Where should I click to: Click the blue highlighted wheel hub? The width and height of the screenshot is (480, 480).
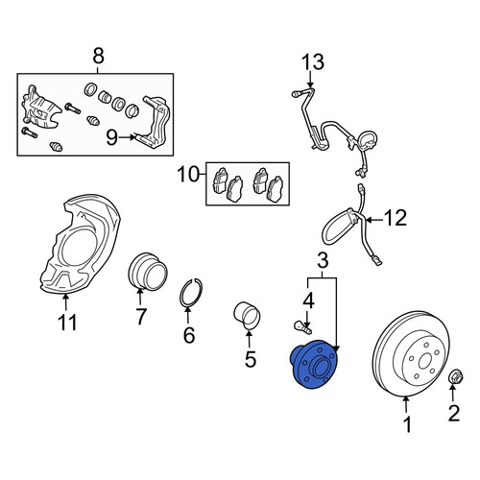314,365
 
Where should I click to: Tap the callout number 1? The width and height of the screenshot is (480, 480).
407,424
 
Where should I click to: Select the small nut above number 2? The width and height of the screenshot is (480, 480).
456,378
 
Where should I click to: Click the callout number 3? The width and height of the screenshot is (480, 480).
324,261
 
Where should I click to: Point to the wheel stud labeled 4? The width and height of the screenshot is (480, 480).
302,327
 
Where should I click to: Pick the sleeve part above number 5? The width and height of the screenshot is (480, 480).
247,316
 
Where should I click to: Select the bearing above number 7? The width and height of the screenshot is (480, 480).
148,272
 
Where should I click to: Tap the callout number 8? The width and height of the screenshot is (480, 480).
98,56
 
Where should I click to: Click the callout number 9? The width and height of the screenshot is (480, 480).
112,137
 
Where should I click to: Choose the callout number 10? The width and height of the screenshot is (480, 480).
189,175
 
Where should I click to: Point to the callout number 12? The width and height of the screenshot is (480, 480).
396,218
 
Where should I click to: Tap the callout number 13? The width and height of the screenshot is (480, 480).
313,61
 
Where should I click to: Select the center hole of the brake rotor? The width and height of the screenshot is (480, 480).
424,361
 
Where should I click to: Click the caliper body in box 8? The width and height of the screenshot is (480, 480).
40,108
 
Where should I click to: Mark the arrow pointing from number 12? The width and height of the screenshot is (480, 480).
375,220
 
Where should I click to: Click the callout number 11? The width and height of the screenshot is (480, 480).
67,322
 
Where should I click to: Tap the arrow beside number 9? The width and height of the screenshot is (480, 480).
128,137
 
